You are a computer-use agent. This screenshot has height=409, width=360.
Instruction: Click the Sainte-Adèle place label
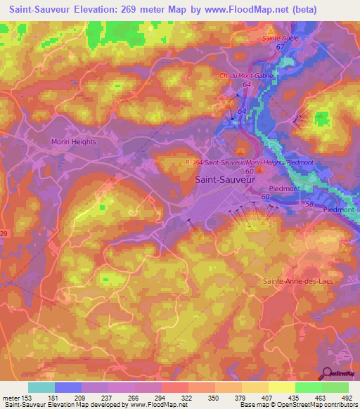click(278, 39)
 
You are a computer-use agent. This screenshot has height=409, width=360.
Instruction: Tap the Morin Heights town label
click(73, 141)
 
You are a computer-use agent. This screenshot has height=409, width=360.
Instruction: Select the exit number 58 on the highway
click(311, 203)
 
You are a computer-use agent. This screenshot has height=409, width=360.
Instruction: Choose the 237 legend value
click(108, 398)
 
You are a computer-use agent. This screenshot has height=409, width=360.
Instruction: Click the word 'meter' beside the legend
click(10, 398)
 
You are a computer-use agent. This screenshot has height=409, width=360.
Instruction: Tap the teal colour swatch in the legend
click(41, 387)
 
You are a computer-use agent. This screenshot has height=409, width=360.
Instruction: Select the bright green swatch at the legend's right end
click(335, 387)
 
